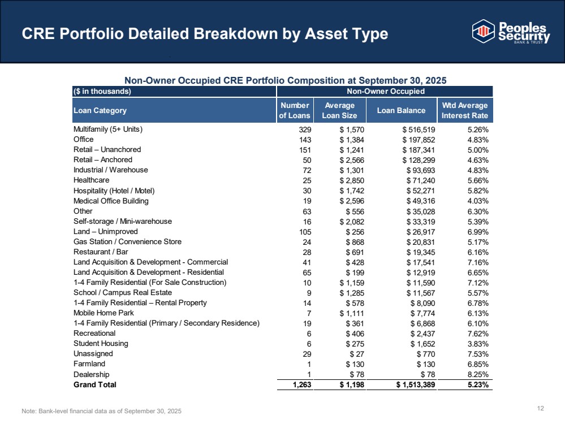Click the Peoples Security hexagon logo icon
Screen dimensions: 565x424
pos(483,31)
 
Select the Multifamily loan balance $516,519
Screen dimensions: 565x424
pos(419,129)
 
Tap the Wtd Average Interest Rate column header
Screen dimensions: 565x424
pos(465,110)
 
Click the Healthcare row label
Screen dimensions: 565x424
pos(91,180)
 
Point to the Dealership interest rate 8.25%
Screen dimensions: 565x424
pos(478,375)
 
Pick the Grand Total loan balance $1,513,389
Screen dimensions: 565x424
pos(416,385)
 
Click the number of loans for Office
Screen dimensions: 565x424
pos(305,140)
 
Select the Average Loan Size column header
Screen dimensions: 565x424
pos(339,110)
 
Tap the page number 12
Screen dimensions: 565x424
pos(541,408)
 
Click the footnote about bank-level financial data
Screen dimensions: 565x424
pos(102,411)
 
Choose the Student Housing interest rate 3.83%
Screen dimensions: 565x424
pos(478,344)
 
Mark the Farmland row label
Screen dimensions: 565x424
pos(89,364)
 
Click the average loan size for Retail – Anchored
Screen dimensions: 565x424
pos(352,160)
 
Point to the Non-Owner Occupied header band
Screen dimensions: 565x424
pos(385,91)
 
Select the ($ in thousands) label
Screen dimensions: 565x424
pos(102,91)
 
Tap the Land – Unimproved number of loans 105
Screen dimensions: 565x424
pos(305,232)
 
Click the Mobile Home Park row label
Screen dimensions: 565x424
pos(103,313)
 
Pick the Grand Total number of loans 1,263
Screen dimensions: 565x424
pos(302,385)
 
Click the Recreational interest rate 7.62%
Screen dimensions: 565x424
pos(478,334)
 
